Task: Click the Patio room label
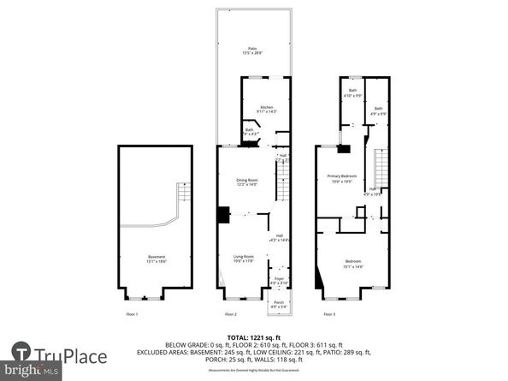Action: tap(252, 50)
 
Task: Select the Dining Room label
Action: tap(247, 182)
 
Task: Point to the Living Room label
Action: tap(244, 258)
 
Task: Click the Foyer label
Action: tap(279, 280)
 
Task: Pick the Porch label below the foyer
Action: tap(279, 304)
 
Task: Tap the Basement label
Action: tap(156, 259)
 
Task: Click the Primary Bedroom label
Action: tap(341, 179)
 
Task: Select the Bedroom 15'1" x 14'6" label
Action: tap(352, 263)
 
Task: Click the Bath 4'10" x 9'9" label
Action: tap(352, 92)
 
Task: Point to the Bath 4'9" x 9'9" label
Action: tap(378, 110)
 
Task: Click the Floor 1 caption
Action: tap(132, 315)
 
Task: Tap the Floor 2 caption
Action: tap(229, 315)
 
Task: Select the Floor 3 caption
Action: tap(329, 315)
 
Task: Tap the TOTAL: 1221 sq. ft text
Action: tap(254, 336)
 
